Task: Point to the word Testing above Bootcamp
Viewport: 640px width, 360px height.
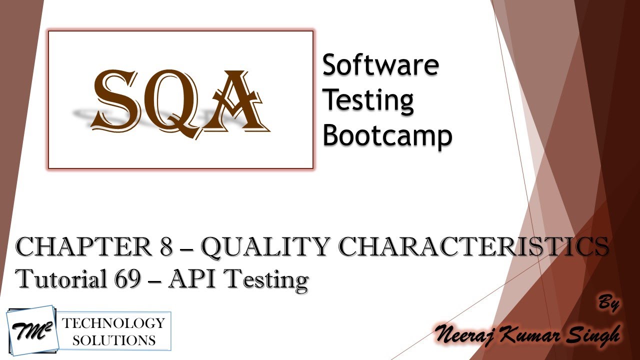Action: (x=368, y=100)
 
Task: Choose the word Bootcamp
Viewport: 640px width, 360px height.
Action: (x=387, y=135)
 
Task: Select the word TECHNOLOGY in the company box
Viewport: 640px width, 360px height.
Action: (x=113, y=323)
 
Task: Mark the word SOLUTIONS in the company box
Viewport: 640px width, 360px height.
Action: (x=113, y=340)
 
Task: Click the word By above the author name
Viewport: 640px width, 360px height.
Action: (x=608, y=303)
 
